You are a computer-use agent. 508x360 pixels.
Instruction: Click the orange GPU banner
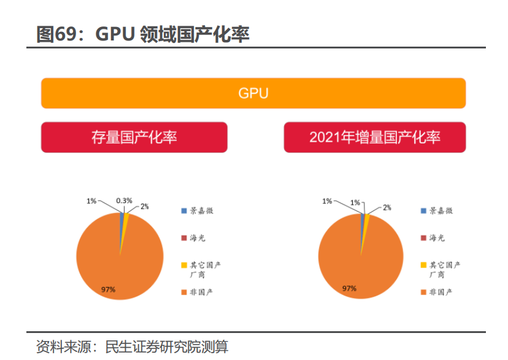click(x=253, y=94)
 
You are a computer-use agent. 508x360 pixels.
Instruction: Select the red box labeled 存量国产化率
click(x=134, y=137)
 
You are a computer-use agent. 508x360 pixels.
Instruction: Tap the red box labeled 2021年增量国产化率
click(x=374, y=137)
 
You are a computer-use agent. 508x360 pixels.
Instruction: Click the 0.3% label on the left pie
click(x=125, y=201)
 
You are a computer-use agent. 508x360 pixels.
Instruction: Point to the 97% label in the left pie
click(x=109, y=288)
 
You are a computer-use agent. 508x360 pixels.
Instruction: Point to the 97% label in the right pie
click(x=349, y=288)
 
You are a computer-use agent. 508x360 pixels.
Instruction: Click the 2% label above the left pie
click(x=145, y=207)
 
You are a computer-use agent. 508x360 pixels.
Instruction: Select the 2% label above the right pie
click(x=387, y=207)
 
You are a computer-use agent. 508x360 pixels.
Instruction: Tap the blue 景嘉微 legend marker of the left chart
click(x=183, y=211)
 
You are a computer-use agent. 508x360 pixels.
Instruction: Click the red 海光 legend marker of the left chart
click(x=183, y=237)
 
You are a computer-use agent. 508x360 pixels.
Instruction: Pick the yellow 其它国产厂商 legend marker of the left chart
click(x=183, y=265)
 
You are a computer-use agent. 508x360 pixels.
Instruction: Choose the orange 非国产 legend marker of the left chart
click(x=183, y=292)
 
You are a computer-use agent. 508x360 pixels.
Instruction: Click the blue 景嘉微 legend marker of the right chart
click(x=423, y=211)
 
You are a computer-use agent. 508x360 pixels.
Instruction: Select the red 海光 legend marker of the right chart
click(x=423, y=237)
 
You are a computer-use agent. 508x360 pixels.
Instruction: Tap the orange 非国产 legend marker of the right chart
click(x=423, y=292)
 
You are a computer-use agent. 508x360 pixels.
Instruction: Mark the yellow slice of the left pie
click(x=126, y=221)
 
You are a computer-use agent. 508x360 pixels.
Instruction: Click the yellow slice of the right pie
click(x=367, y=221)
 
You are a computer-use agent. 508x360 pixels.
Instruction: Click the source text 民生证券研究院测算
click(x=167, y=347)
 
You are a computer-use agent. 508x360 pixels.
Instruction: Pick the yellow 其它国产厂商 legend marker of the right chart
click(x=423, y=265)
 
